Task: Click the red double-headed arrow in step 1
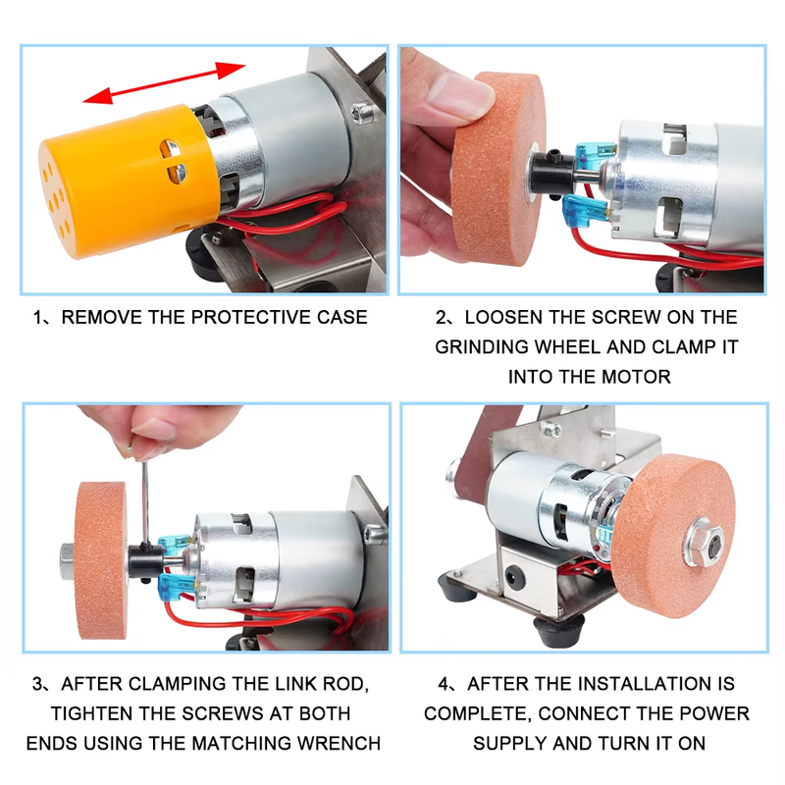click(x=163, y=82)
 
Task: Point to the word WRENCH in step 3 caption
click(x=337, y=743)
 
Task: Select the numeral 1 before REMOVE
click(x=38, y=318)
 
